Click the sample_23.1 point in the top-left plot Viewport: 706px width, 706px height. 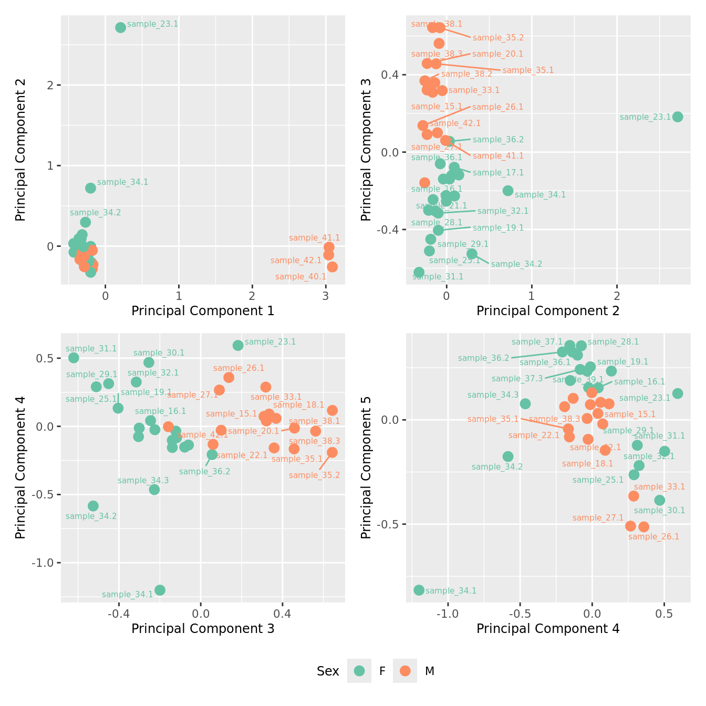120,27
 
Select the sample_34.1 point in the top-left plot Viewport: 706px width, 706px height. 90,188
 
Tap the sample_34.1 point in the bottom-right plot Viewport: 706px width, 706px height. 419,590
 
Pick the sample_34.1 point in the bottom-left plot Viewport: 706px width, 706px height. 160,590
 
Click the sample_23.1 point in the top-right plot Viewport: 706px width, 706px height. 678,117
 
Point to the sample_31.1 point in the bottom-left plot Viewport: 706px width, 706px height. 74,358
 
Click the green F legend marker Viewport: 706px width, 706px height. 359,671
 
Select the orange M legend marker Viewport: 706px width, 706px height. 405,671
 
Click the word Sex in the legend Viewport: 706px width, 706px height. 328,671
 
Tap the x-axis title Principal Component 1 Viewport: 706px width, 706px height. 203,311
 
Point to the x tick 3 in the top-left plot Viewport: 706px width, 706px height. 326,296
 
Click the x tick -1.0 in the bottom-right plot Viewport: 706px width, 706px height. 448,614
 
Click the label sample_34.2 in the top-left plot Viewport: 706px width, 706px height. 96,213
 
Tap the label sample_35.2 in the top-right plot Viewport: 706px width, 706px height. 498,38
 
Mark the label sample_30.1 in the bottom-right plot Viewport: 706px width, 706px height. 659,511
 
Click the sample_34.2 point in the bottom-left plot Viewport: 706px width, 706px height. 93,506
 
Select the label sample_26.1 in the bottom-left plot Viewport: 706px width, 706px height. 239,368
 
